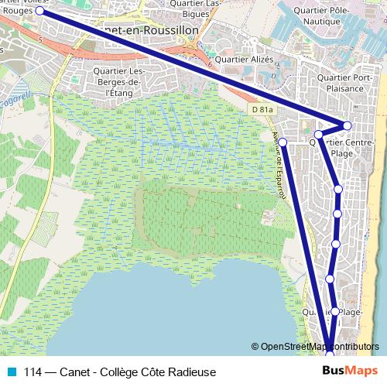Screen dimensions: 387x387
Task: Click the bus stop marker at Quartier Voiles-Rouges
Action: (x=39, y=12)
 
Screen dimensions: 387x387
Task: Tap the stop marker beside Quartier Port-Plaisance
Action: (x=348, y=125)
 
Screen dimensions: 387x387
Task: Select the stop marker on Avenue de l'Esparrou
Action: (x=283, y=142)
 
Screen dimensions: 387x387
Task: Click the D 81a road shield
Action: (x=262, y=111)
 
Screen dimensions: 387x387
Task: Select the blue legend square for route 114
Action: (x=11, y=371)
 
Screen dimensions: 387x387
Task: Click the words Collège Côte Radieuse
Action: (x=171, y=371)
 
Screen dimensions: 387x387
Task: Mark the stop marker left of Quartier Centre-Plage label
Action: (x=318, y=135)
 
